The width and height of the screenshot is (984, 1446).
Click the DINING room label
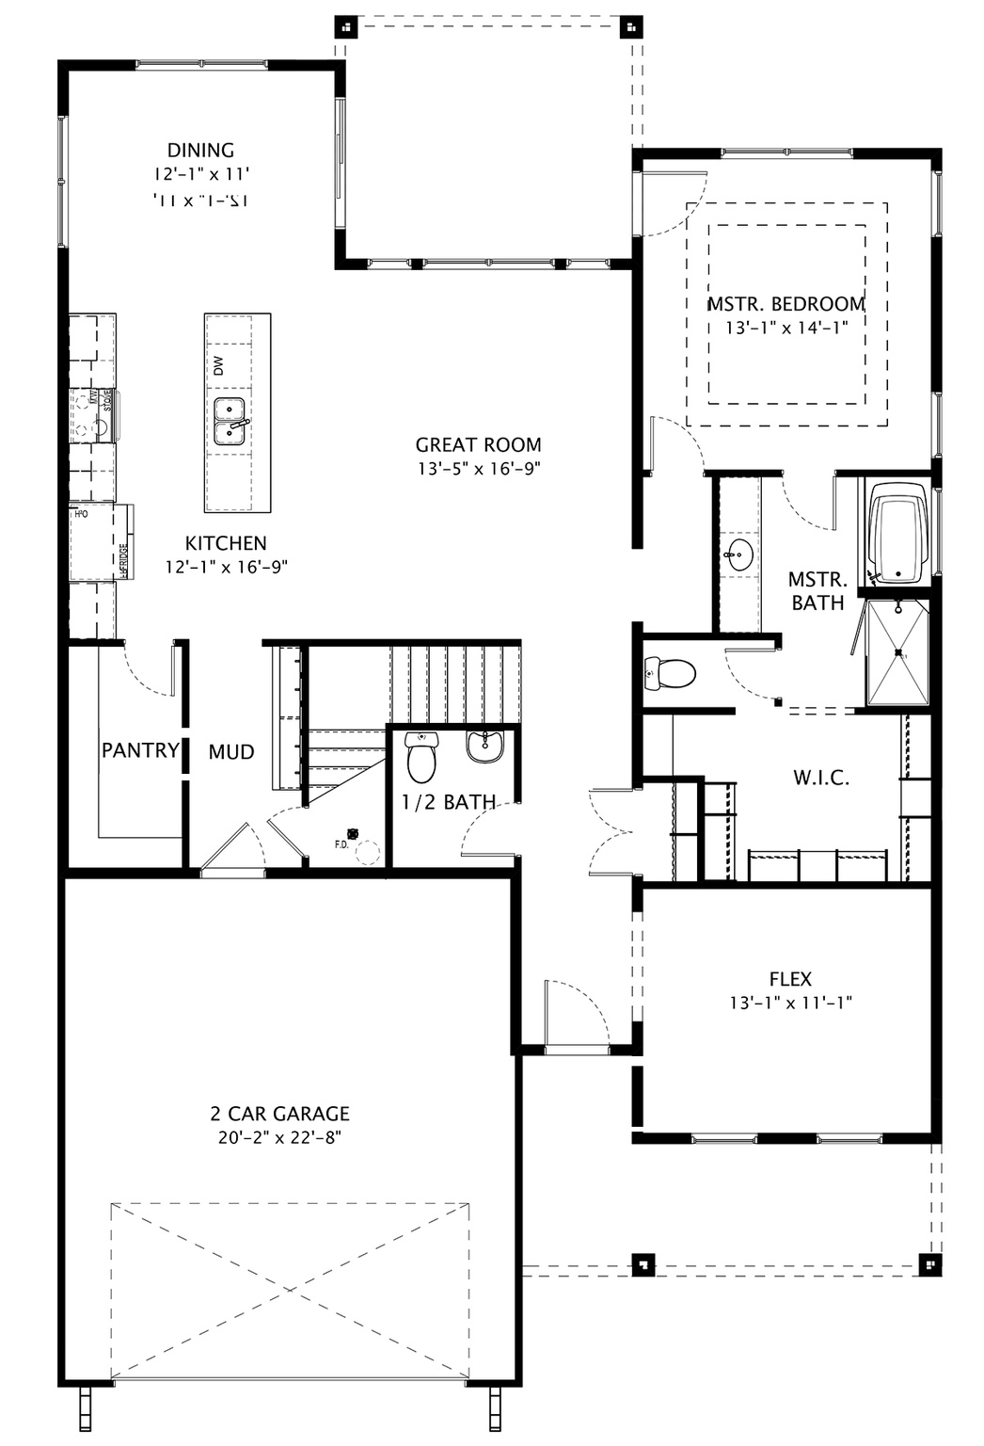(200, 151)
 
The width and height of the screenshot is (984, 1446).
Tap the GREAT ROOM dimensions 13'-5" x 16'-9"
(479, 468)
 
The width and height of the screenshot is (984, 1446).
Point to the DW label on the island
(218, 365)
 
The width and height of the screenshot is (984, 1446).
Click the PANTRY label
(140, 750)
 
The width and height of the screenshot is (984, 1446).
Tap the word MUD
(231, 751)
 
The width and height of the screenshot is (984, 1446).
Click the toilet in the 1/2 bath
(422, 758)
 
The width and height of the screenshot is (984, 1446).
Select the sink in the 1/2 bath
(484, 747)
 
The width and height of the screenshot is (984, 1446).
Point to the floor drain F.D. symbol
(354, 833)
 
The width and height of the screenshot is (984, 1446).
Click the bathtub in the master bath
(898, 534)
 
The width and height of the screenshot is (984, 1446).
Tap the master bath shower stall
(898, 652)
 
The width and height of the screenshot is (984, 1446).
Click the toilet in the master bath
(670, 673)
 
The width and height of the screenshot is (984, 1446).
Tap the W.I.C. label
(820, 778)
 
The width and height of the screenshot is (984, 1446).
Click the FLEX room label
(789, 979)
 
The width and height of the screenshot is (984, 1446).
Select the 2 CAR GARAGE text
(279, 1114)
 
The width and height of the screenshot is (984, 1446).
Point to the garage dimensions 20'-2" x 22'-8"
(279, 1137)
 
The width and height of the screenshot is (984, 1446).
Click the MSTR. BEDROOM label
(786, 304)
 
